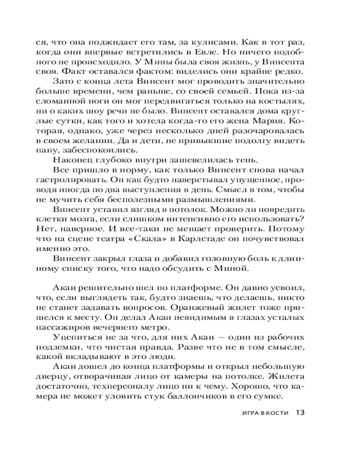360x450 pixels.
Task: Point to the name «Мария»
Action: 265,122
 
